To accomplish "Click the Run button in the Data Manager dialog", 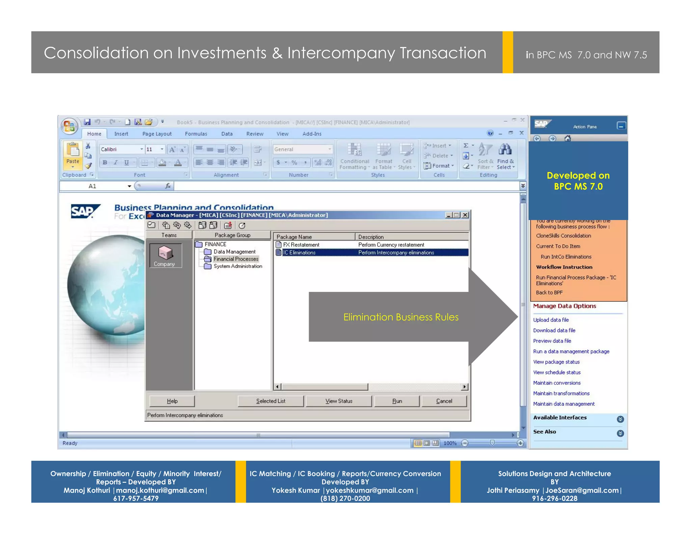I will (x=397, y=401).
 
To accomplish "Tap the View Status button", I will (x=339, y=401).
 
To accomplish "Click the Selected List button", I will (x=271, y=401).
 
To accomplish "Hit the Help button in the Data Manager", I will (x=172, y=401).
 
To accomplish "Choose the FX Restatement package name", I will (x=301, y=245).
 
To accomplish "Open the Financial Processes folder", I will (x=236, y=259).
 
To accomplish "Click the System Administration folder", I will (x=238, y=266).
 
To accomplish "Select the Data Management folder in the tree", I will (x=234, y=252).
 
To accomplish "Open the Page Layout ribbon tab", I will (x=157, y=134).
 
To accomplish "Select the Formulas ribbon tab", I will (x=196, y=134).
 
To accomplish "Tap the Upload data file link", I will (x=551, y=320).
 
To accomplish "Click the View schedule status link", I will (x=557, y=372).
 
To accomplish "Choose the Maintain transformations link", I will (x=561, y=393).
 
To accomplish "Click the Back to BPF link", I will (x=549, y=293).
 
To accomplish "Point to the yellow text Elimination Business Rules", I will (x=401, y=317).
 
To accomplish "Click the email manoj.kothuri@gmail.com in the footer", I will (x=160, y=490).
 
